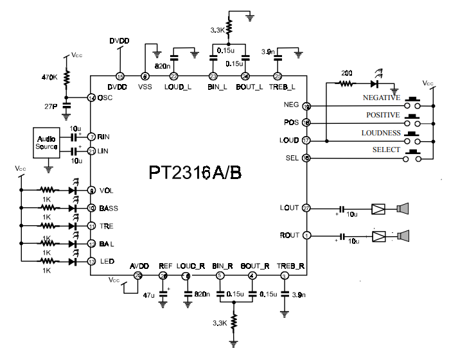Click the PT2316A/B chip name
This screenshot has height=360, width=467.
coord(195,173)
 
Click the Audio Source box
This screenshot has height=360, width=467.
coord(46,142)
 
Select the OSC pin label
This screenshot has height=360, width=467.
coord(105,98)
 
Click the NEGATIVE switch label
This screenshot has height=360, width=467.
coord(382,98)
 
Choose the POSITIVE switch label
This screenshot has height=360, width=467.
coord(383,115)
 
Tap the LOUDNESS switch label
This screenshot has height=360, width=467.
coord(380,133)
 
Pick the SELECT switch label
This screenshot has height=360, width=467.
coord(387,150)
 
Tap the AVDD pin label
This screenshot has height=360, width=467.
coord(139,266)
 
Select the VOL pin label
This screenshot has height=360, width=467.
coord(107,191)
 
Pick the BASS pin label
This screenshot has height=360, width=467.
coord(109,209)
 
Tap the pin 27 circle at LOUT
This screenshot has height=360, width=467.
coord(306,208)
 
